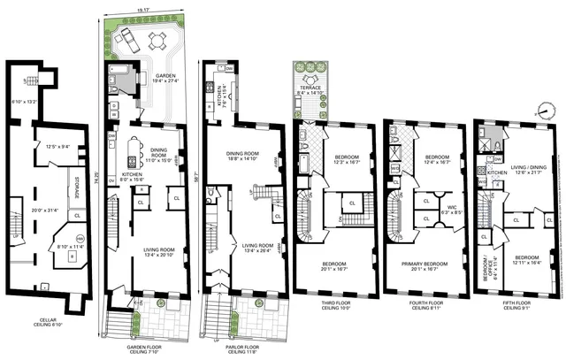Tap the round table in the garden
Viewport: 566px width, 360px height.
point(158,40)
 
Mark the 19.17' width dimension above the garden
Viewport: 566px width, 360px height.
point(143,11)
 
